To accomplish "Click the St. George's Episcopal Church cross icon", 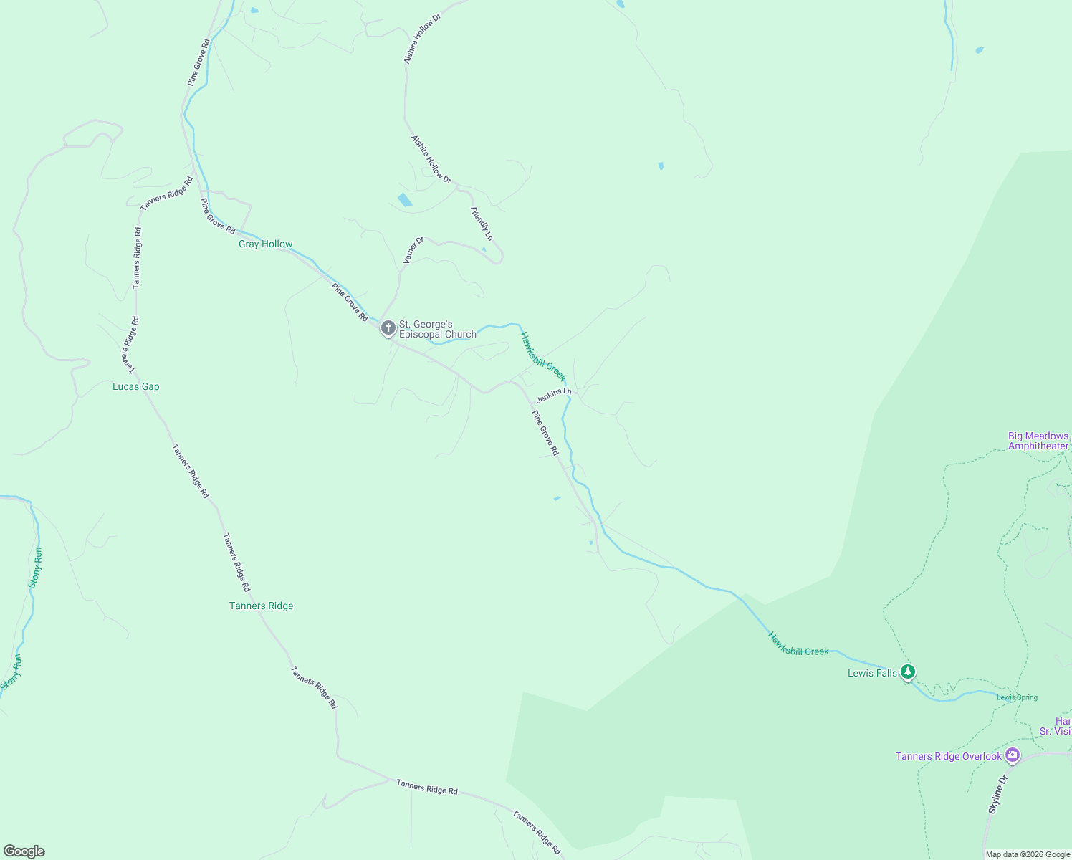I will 388,328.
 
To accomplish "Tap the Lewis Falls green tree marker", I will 909,672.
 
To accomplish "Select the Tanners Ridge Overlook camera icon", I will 1012,754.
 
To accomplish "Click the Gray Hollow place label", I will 265,244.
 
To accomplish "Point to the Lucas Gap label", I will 136,387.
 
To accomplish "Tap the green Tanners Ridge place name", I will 261,606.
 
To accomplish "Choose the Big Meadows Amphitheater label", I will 1038,441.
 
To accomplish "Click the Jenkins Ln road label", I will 554,395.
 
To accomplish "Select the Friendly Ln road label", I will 482,224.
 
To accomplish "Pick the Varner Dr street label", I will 413,250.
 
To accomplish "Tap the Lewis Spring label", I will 1017,697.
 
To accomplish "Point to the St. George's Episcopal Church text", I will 437,329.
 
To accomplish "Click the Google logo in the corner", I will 24,851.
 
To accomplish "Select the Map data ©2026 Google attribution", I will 1028,854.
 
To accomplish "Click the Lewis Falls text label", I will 872,673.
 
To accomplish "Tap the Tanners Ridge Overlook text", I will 948,757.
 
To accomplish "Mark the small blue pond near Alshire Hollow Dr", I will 405,199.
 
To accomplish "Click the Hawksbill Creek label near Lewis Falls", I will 798,644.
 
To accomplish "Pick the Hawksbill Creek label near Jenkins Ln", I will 542,357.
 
